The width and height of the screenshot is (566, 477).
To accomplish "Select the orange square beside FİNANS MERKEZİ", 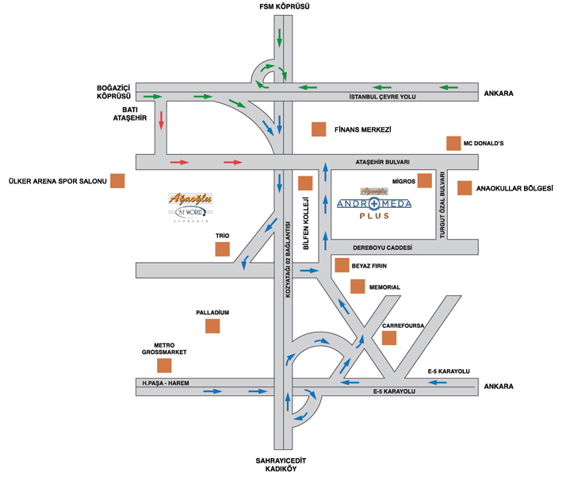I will pos(319,129).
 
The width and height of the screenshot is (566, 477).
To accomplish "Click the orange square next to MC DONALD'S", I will pos(453,143).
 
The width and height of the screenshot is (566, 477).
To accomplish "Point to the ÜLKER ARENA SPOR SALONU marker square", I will pos(117,181).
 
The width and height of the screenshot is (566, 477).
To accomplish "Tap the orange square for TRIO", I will pos(223,249).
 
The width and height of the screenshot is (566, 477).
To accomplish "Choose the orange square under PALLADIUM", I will pos(212,325).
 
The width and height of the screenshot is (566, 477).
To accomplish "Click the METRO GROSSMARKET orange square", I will pos(164,366).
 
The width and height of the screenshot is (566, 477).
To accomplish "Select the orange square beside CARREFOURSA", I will pos(388,338).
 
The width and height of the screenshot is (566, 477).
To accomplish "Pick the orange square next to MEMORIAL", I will pos(357,287).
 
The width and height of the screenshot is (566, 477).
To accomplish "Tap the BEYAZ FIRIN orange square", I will pos(342,265).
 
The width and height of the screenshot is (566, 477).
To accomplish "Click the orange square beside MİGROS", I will pos(424,181).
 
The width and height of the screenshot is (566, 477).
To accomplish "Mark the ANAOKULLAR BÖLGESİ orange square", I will pos(464,188).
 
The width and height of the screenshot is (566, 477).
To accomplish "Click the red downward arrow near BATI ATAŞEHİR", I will pos(162,120).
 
